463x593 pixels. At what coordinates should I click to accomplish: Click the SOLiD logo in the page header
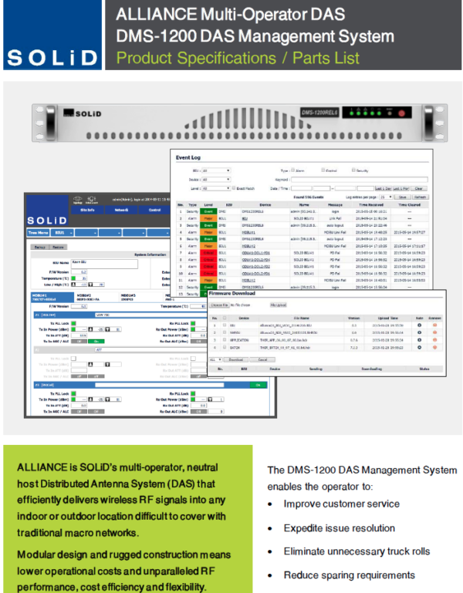coord(52,57)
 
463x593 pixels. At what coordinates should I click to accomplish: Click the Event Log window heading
coord(190,157)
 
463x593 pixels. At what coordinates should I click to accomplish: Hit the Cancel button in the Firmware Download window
coord(261,359)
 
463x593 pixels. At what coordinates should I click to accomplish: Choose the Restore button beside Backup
coord(57,247)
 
